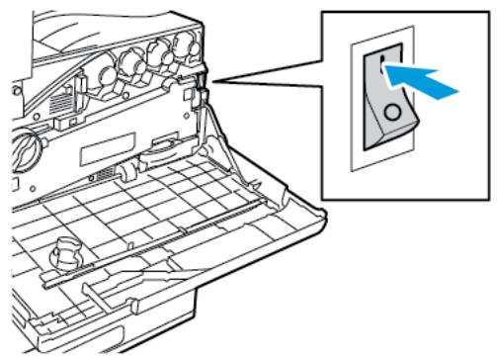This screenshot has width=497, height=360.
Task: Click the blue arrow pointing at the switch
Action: tap(428, 81)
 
